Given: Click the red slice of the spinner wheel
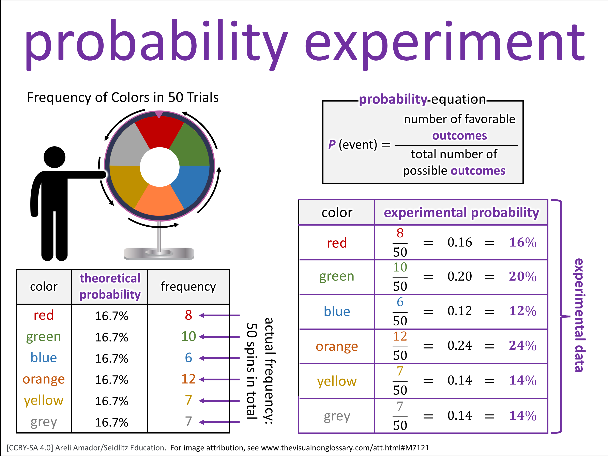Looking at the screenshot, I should click(x=159, y=132).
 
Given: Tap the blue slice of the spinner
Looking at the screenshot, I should click(x=190, y=184).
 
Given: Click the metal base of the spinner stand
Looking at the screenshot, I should click(x=159, y=253).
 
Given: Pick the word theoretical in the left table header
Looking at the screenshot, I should click(x=110, y=278).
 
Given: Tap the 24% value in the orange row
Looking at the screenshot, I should click(x=522, y=346).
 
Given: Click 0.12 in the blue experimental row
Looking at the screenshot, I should click(x=460, y=311).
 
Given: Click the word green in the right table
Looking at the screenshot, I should click(x=337, y=276).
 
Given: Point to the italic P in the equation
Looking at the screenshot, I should click(x=332, y=144).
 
